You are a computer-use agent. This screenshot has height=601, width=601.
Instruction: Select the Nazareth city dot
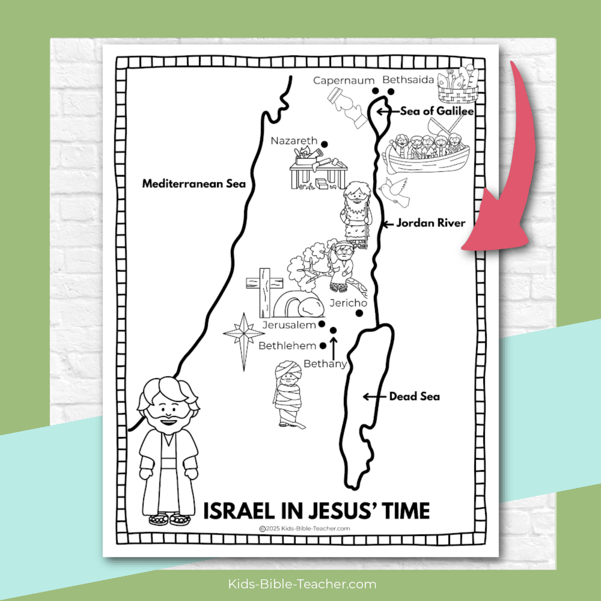pyautogui.click(x=324, y=144)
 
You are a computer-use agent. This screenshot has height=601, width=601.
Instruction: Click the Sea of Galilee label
pyautogui.click(x=430, y=111)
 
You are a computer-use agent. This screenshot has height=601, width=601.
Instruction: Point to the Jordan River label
pyautogui.click(x=430, y=223)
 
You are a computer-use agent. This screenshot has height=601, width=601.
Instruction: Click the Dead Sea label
pyautogui.click(x=414, y=396)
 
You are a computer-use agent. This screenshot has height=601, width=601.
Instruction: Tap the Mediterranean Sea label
pyautogui.click(x=194, y=184)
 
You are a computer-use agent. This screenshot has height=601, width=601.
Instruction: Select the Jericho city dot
pyautogui.click(x=359, y=313)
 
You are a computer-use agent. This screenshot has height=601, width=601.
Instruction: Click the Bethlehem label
pyautogui.click(x=287, y=346)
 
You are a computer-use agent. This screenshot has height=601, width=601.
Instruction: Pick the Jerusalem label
pyautogui.click(x=290, y=325)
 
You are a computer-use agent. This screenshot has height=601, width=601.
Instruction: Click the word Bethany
pyautogui.click(x=325, y=364)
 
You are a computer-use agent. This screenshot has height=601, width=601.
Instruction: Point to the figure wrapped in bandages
pyautogui.click(x=287, y=394)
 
